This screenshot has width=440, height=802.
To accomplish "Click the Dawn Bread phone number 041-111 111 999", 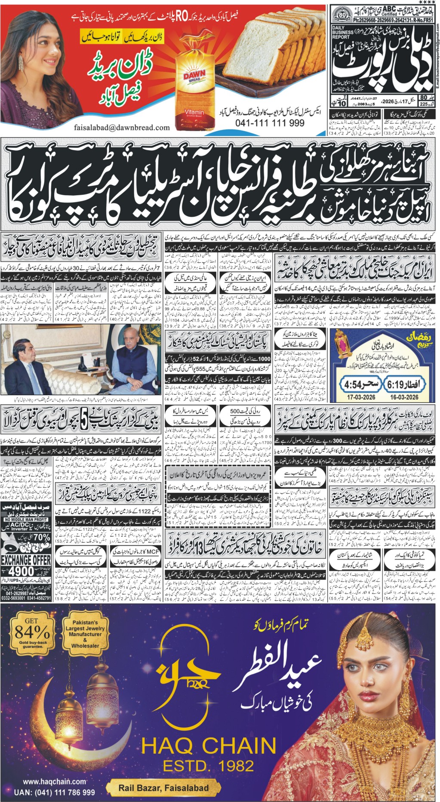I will tap(270, 123).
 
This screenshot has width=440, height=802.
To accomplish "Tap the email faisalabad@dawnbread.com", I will tap(122, 127).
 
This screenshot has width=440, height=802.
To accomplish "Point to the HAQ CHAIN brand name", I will tap(209, 746).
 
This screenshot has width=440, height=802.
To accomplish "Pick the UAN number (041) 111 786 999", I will tap(54, 792).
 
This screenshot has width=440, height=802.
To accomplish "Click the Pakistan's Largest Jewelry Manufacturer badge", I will tap(85, 634).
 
